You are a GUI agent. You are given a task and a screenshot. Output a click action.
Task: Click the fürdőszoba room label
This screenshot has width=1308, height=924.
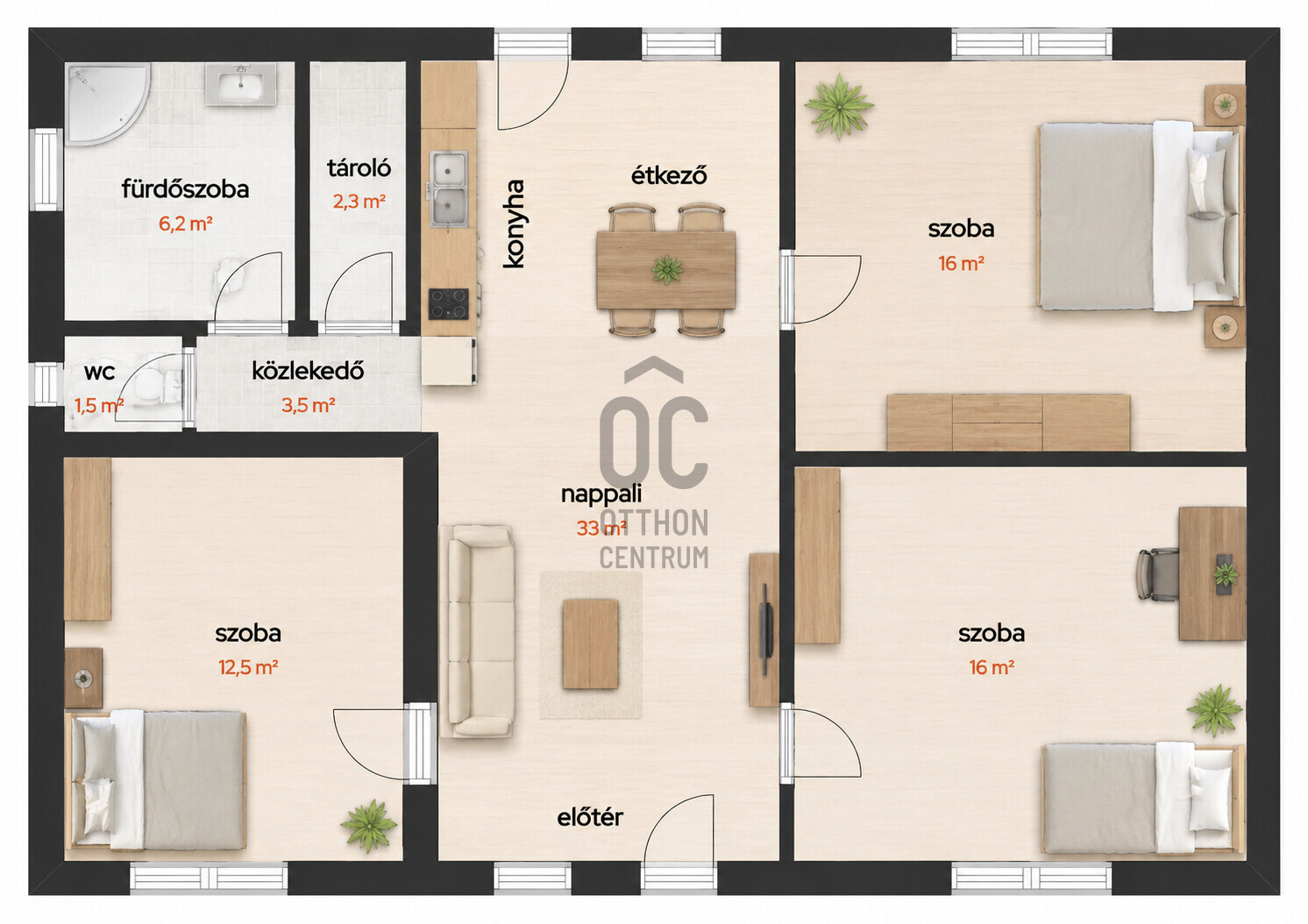coord(185,190)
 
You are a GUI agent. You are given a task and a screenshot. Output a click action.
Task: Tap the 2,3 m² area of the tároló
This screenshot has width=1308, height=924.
coord(359,202)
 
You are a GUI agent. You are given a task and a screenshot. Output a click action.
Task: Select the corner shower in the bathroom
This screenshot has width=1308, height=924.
coord(108,103)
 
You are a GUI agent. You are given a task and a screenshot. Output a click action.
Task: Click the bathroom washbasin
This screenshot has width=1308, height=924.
coord(240,85)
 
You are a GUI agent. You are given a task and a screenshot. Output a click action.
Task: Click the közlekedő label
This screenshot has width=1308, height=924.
coord(309,371)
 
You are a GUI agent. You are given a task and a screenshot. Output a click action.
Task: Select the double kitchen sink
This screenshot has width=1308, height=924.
coord(449,189)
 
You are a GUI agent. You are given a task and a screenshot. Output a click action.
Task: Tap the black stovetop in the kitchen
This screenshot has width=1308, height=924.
coord(449,304)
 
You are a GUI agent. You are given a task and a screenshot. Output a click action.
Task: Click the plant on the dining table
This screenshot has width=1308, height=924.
coord(667,270)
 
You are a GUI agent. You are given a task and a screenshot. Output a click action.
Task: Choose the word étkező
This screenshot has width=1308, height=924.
coord(669,174)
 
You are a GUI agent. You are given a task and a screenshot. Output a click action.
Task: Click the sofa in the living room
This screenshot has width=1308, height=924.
coord(477,631)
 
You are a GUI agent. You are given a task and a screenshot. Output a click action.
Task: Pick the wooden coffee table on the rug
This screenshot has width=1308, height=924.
coord(590,644)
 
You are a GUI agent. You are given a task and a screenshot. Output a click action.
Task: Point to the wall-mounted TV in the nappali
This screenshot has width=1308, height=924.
coord(768,631)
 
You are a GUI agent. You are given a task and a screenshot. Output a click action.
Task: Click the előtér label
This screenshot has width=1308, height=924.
coord(590,818)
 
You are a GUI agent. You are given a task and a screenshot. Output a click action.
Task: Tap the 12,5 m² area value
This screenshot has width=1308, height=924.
coord(248,668)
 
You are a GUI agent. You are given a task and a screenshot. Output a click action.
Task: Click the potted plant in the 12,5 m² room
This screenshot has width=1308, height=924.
coord(369,826)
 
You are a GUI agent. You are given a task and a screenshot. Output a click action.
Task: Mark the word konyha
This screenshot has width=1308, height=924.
coord(514,224)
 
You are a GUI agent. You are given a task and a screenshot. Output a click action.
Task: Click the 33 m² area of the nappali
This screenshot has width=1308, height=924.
coord(601,529)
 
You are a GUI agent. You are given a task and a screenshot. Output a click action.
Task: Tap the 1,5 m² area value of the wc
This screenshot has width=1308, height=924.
coord(99,406)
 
